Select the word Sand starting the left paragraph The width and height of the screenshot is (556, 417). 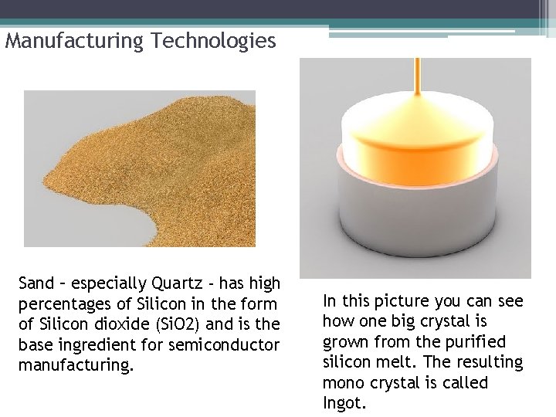[x=36, y=284]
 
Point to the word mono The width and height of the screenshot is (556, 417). [x=342, y=383]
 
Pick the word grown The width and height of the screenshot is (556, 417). [x=343, y=341]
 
